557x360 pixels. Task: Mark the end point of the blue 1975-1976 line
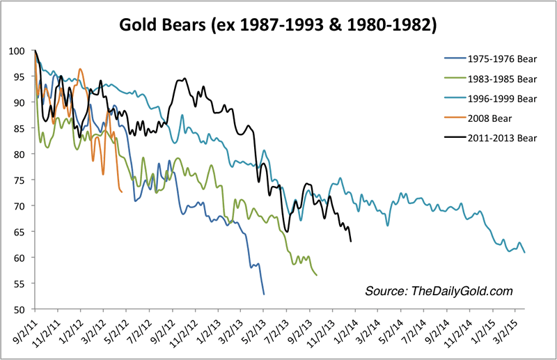264,295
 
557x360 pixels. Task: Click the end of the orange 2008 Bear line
122,191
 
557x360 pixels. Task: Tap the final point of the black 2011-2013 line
350,241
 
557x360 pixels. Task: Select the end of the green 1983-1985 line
317,275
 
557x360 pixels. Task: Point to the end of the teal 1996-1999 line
524,252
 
